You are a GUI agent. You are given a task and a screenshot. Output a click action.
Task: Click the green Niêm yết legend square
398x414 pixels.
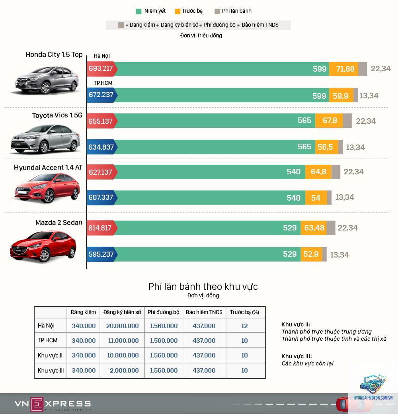(138, 12)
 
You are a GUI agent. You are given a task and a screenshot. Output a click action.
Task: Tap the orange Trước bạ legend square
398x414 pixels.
(178, 12)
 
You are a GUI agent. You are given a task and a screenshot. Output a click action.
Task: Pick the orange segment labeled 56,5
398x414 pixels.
(326, 147)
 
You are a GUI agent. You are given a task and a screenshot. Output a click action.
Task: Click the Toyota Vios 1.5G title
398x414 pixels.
(57, 115)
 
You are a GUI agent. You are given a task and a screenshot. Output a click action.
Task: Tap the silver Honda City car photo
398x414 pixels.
(47, 80)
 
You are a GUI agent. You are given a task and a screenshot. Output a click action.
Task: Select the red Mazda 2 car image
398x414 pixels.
(43, 246)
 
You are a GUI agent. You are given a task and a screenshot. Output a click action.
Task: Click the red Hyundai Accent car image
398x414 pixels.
(47, 188)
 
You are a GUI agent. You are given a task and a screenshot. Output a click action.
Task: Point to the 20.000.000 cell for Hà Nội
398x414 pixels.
(123, 326)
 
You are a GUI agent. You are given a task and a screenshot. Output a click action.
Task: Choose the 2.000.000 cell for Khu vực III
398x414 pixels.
(124, 371)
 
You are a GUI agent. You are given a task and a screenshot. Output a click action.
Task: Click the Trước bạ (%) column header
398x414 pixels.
(244, 312)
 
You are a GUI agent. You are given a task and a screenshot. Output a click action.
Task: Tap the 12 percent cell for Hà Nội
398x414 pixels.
(244, 326)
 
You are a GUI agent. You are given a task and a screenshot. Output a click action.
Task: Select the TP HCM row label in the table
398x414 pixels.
(47, 340)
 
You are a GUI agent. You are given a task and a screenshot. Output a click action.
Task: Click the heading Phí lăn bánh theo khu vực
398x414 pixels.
(203, 287)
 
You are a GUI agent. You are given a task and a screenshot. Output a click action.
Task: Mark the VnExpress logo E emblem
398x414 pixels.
(37, 404)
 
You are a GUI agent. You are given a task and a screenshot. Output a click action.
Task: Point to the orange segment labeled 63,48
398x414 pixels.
(314, 228)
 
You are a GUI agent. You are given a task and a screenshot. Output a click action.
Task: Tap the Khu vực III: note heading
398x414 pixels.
(297, 356)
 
